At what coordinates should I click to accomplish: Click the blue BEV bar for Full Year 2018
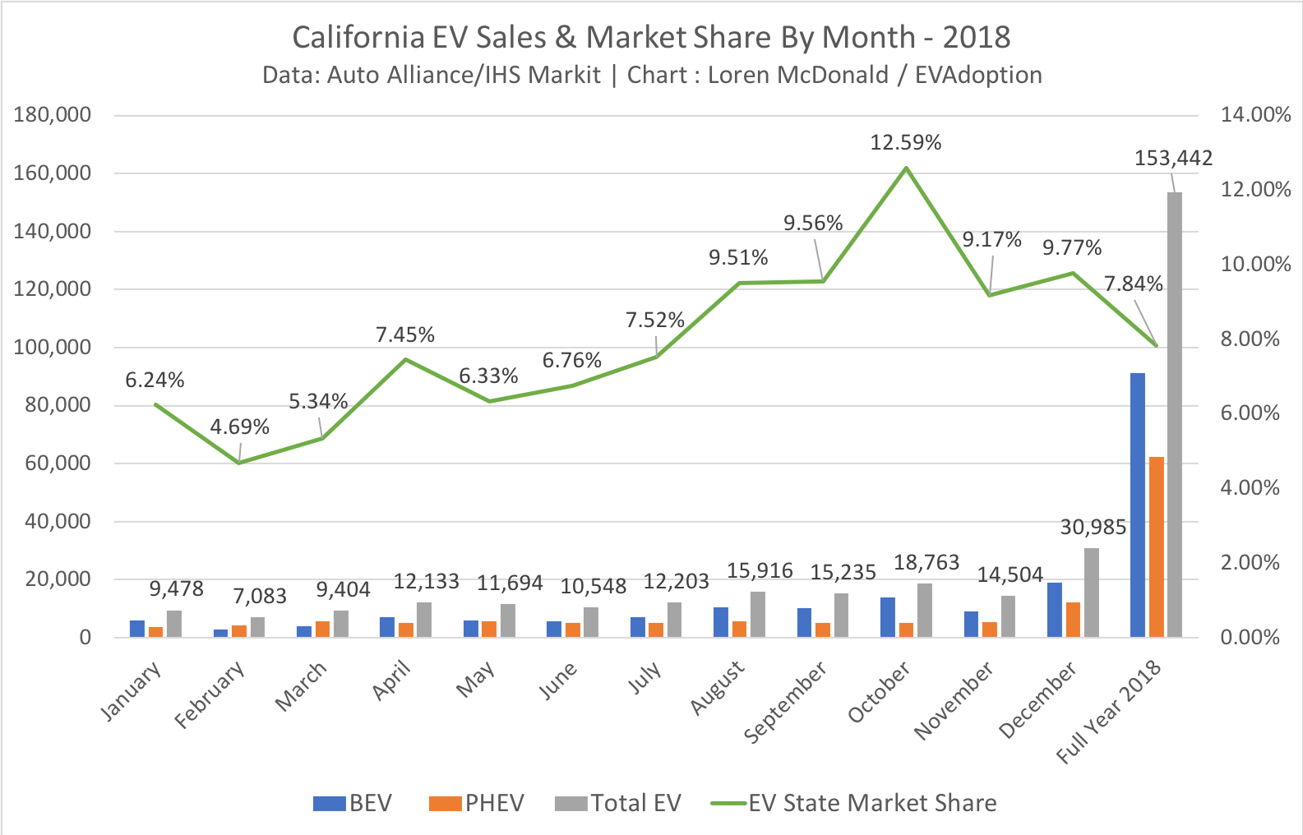point(1138,505)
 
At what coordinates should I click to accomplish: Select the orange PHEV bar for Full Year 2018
point(1156,547)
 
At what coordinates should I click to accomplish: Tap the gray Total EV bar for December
point(1091,593)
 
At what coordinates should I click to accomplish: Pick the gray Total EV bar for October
point(925,610)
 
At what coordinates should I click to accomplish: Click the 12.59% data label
point(906,143)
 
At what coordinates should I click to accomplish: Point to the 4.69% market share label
point(239,427)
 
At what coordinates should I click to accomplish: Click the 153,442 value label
point(1173,158)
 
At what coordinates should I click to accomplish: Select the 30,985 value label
point(1093,528)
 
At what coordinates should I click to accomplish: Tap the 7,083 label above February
point(260,596)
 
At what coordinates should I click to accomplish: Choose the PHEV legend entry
point(477,803)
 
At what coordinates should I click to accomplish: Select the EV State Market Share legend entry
point(855,803)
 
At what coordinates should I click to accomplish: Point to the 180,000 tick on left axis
point(52,115)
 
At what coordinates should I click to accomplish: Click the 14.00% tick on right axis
point(1255,115)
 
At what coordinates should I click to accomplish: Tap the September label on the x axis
point(786,703)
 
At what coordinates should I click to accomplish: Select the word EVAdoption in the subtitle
point(978,75)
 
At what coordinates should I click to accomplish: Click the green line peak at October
point(906,168)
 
